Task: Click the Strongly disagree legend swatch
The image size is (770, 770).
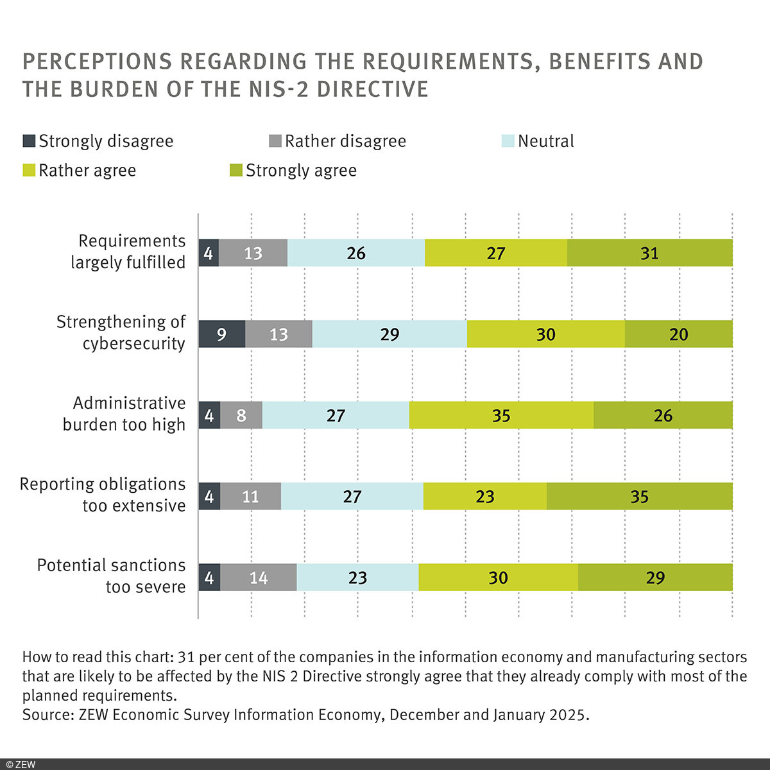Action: [29, 141]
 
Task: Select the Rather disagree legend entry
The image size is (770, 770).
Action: [338, 141]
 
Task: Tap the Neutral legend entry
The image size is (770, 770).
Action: [538, 141]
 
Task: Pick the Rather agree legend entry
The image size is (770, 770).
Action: [80, 171]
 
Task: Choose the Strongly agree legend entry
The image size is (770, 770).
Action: [293, 171]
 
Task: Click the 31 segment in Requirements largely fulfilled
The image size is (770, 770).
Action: [649, 253]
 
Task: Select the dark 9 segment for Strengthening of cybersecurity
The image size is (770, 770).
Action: [222, 334]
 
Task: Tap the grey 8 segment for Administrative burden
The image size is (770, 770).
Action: [241, 415]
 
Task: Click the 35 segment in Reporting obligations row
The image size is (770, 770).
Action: [639, 497]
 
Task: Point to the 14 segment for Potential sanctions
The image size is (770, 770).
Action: [259, 577]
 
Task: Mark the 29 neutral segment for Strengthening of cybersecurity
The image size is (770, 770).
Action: [389, 334]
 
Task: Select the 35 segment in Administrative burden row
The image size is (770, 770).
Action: [501, 415]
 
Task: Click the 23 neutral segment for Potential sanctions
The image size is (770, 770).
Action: [357, 577]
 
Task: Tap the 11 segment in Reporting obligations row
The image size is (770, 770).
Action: [250, 497]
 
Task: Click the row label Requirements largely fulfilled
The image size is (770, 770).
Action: [128, 252]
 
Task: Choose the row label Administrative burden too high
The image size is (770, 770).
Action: [124, 414]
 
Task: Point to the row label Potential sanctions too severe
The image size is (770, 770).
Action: [111, 576]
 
